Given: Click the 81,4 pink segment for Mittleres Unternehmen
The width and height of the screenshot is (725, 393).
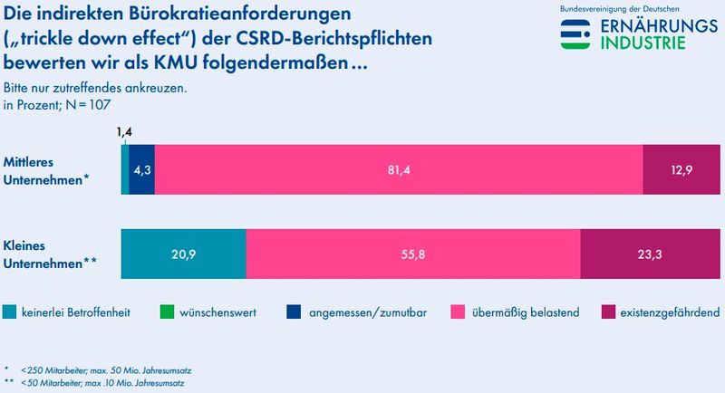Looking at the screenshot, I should pyautogui.click(x=399, y=168).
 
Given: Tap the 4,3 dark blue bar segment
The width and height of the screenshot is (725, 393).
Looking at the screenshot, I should pyautogui.click(x=141, y=168).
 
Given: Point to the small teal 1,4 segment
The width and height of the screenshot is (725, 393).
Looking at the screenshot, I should pyautogui.click(x=124, y=168).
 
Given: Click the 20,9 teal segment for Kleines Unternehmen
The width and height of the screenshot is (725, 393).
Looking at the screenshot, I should pyautogui.click(x=183, y=254).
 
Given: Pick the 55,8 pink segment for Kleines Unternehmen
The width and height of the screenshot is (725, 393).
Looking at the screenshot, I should pyautogui.click(x=412, y=254).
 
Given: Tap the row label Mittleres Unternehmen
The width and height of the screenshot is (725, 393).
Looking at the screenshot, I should pyautogui.click(x=45, y=168).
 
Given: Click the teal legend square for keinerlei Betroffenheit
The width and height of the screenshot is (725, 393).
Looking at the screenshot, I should pyautogui.click(x=9, y=312).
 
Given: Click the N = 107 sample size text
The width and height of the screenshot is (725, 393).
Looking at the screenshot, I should pyautogui.click(x=83, y=104).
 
